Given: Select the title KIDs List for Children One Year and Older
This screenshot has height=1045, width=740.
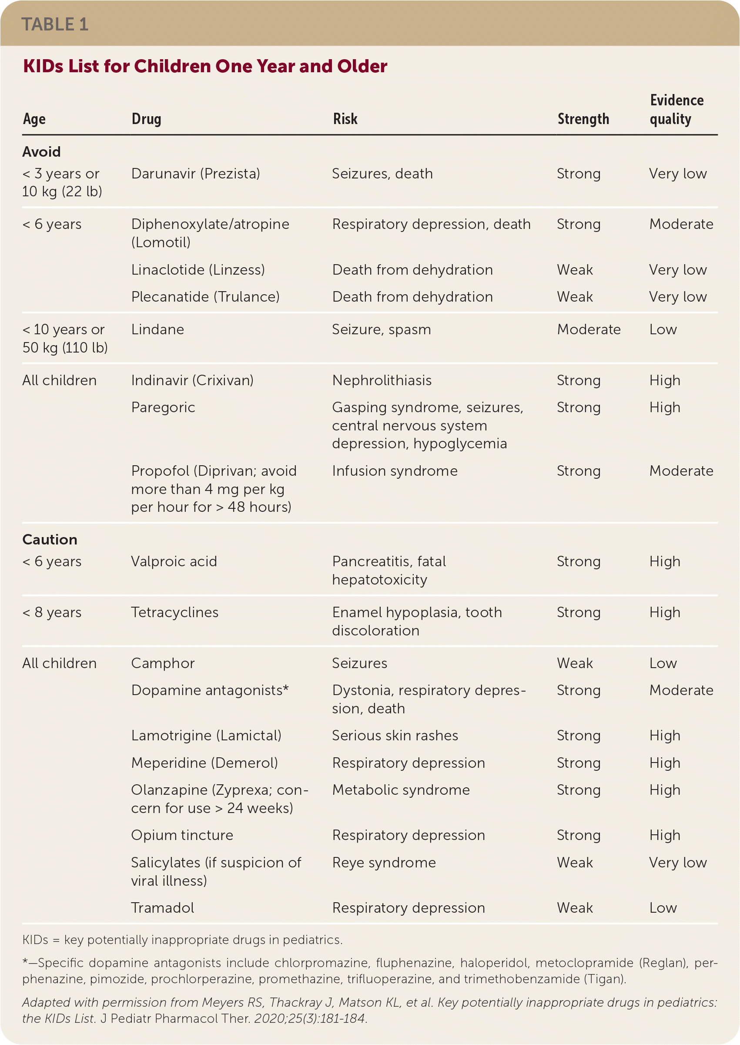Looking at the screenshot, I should coord(205,66).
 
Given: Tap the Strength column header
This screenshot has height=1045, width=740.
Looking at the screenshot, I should coord(583,119).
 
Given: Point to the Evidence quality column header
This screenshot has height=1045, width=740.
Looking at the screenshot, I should coord(676,109).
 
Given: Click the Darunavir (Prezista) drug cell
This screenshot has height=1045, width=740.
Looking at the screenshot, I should coord(195,174).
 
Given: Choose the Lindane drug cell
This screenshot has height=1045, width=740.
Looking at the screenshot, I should coord(157,329).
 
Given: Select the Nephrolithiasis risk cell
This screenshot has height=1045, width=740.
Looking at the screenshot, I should coord(382,380).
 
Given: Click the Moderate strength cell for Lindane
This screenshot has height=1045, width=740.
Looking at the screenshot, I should coord(588,329).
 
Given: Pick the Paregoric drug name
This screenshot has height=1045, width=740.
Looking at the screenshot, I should coord(163,407).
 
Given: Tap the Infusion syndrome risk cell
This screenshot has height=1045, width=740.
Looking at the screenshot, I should coord(395,471).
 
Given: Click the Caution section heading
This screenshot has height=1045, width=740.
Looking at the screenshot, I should coord(50,540).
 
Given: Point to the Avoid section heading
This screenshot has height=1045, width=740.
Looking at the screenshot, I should coord(41,152).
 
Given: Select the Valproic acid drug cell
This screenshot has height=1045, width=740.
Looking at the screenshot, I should coord(174,561).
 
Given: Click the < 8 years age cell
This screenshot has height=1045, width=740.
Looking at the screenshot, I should coord(52,612).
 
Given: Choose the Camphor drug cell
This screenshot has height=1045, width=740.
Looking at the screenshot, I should coord(163,664).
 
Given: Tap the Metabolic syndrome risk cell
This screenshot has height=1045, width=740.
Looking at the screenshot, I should coord(401,790).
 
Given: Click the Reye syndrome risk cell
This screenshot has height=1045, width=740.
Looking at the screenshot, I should coord(384,863).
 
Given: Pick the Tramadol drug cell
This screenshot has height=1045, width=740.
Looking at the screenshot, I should coord(162,908).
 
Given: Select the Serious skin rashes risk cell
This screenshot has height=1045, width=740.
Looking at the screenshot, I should coord(395,736).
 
